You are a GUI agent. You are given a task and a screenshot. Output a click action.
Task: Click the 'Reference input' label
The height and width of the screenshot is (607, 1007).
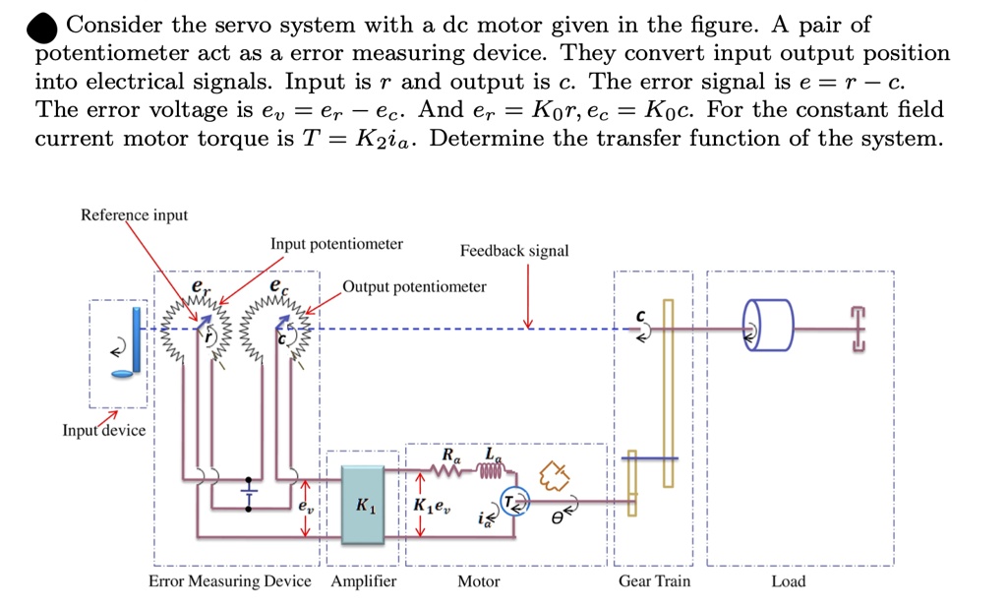[x=134, y=214]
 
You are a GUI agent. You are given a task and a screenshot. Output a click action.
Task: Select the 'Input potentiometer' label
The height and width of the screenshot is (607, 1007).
[x=336, y=244]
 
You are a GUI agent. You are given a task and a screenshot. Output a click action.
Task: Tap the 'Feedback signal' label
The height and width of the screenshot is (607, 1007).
[x=514, y=251]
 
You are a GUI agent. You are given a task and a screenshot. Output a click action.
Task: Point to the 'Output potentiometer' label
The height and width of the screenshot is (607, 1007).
[x=414, y=286]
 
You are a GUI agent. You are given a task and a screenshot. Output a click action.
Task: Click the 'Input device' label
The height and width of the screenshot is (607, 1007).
[x=103, y=430]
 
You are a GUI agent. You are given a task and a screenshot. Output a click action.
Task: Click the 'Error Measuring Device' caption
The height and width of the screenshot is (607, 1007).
[x=229, y=581]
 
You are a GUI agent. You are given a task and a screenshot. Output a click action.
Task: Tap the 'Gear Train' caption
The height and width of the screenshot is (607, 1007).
[x=654, y=581]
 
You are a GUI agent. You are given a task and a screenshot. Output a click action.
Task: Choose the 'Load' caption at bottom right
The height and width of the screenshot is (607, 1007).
[x=788, y=581]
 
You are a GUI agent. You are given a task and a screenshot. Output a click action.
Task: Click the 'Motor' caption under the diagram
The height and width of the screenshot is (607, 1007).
[x=478, y=581]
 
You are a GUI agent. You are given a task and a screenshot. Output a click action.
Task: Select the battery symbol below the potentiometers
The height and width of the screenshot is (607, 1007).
[x=250, y=491]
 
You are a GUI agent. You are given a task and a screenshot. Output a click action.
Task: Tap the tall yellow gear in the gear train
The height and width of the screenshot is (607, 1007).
[x=668, y=394]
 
